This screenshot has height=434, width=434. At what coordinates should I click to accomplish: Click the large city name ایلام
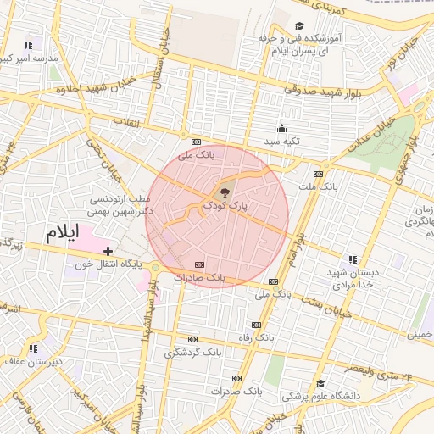(x=64, y=234)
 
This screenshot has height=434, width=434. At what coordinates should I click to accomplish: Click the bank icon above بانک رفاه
(x=257, y=325)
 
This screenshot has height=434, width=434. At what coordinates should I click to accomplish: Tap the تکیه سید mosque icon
(x=282, y=128)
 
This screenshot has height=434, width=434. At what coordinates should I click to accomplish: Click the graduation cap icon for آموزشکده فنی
(x=298, y=26)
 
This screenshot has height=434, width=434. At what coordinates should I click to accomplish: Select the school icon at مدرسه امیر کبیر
(x=28, y=45)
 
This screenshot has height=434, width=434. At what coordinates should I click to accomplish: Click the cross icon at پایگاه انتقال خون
(x=108, y=251)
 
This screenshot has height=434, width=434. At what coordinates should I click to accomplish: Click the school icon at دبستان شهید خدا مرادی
(x=352, y=259)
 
